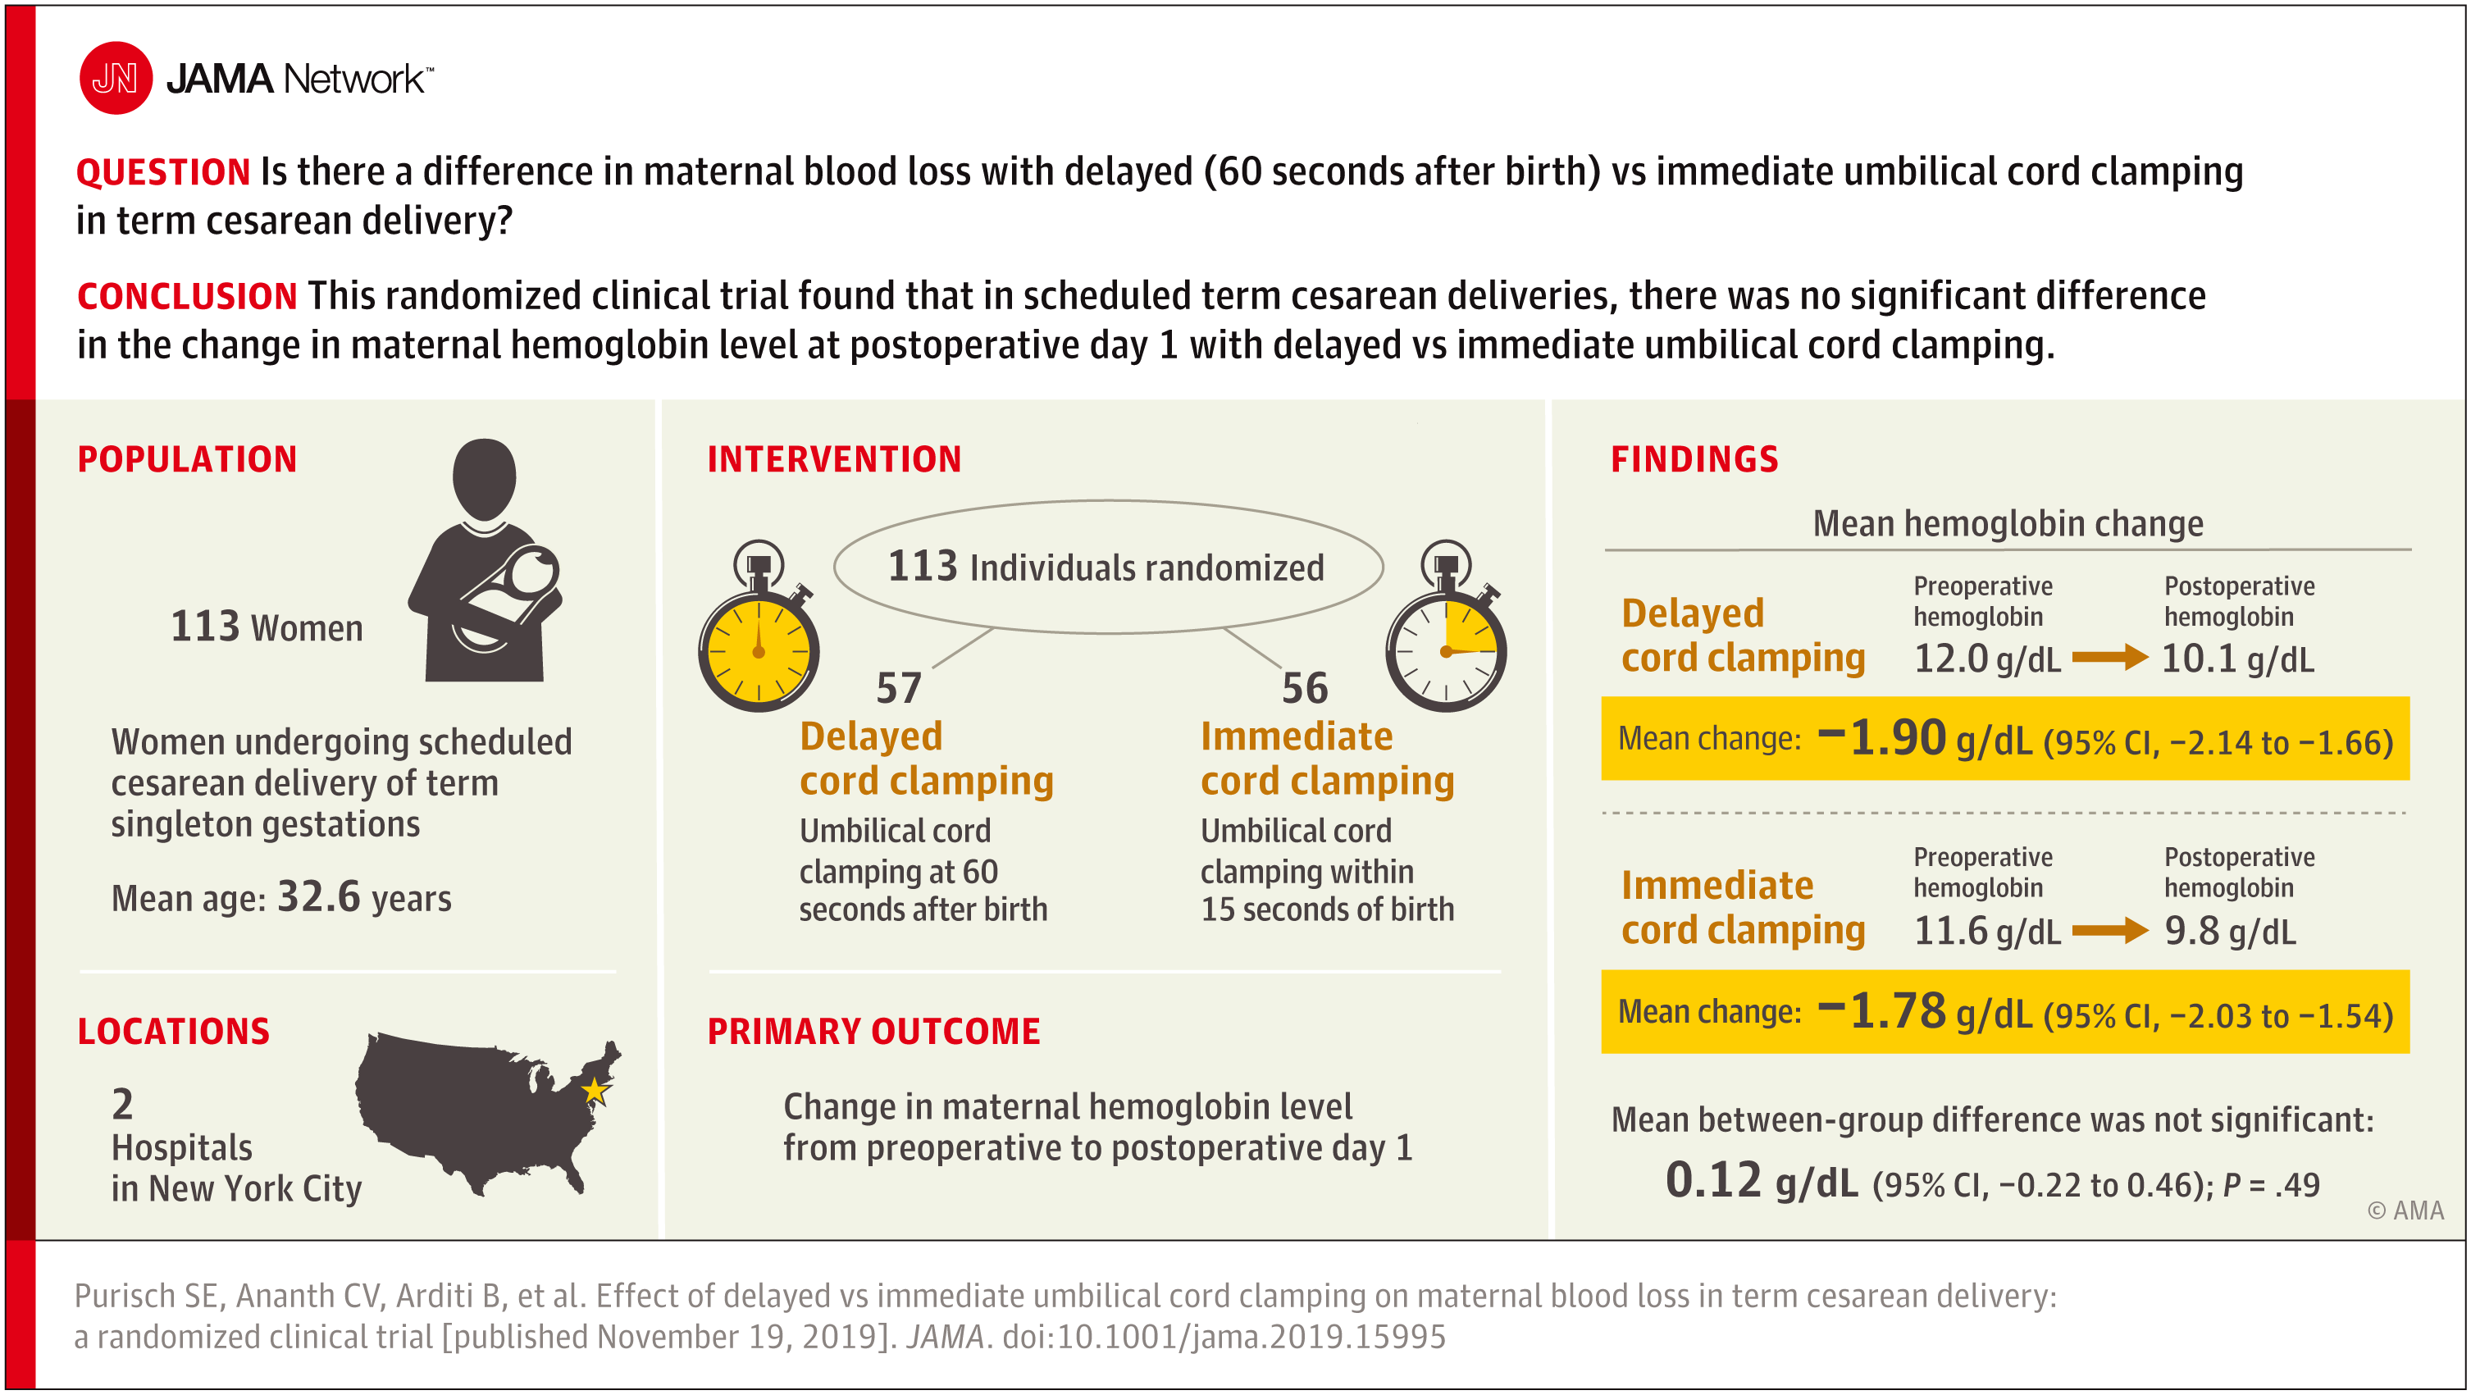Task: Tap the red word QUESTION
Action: click(x=163, y=171)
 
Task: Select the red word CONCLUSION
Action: click(x=187, y=296)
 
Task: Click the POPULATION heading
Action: click(x=187, y=458)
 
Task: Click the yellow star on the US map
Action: click(x=595, y=1090)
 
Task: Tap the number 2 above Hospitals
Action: click(x=123, y=1105)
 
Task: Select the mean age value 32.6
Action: click(x=318, y=897)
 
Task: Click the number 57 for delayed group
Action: click(x=899, y=688)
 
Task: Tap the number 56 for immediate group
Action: click(x=1305, y=688)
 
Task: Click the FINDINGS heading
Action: click(x=1694, y=458)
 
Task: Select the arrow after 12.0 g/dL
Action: click(x=2109, y=657)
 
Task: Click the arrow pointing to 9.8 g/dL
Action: click(x=2109, y=930)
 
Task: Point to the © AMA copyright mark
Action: click(x=2405, y=1210)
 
